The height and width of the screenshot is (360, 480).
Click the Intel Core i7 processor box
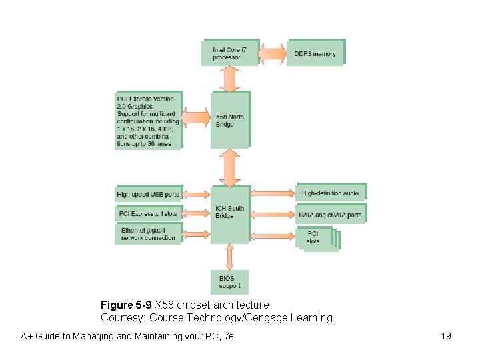[x=229, y=53]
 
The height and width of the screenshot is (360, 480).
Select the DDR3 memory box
[x=315, y=53]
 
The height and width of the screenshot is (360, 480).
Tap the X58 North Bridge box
[x=230, y=120]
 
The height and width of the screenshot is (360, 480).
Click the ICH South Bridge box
[x=230, y=213]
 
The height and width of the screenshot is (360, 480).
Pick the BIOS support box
[x=230, y=282]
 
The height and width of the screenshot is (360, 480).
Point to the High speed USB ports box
[x=147, y=194]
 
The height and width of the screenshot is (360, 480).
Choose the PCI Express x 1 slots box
[x=147, y=214]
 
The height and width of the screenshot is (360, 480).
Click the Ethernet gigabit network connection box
[x=147, y=233]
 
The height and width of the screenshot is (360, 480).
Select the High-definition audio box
[x=331, y=193]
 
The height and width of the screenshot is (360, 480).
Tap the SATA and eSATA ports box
[x=331, y=214]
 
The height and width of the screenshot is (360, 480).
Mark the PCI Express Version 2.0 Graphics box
[x=147, y=121]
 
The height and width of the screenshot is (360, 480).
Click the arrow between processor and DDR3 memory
[x=273, y=53]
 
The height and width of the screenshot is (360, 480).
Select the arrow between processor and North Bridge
[x=230, y=79]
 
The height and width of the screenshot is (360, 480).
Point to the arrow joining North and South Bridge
[x=230, y=167]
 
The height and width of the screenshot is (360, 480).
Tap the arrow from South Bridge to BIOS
[x=230, y=257]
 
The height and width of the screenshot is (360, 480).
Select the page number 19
[x=446, y=336]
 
